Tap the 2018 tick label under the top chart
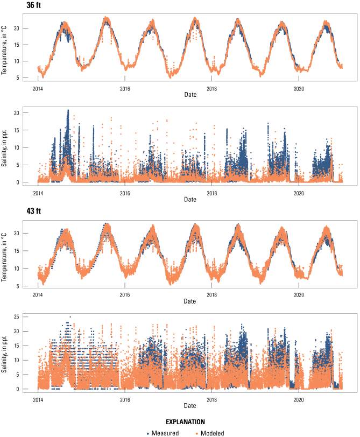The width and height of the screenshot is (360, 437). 212,88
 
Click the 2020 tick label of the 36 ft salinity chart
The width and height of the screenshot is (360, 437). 299,193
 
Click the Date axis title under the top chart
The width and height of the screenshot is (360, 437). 190,95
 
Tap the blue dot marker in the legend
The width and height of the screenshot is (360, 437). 148,433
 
